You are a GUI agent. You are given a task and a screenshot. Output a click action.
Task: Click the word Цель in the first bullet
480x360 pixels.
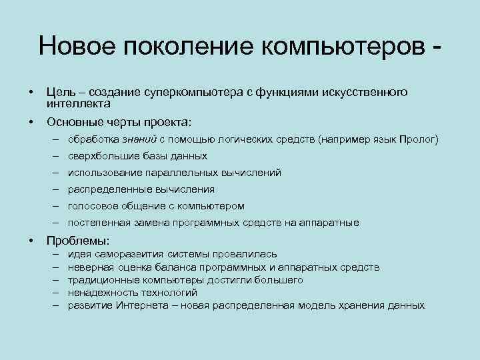click(x=58, y=92)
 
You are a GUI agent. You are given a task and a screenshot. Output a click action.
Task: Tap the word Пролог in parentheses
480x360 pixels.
click(x=418, y=139)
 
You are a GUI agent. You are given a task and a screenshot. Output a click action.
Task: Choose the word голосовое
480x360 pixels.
click(x=91, y=206)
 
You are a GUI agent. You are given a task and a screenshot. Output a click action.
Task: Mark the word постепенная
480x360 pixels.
click(x=96, y=223)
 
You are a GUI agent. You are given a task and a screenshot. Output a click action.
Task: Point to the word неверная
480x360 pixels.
click(x=87, y=267)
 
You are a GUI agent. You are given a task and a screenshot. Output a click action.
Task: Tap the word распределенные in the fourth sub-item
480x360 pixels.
click(x=100, y=189)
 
